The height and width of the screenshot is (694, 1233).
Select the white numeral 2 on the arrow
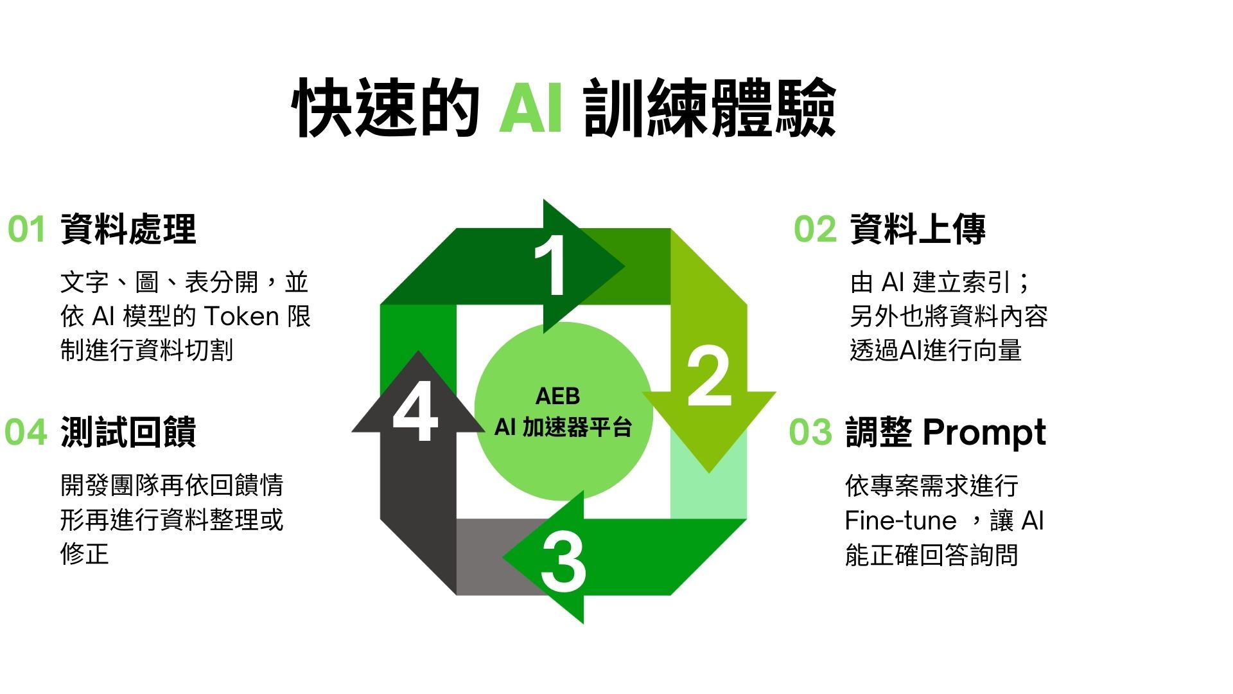pyautogui.click(x=710, y=376)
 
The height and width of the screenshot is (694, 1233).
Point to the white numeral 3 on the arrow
pyautogui.click(x=563, y=563)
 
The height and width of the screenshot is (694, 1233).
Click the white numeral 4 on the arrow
pyautogui.click(x=415, y=411)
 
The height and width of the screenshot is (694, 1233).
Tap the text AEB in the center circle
pyautogui.click(x=557, y=396)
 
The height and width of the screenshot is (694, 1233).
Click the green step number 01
pyautogui.click(x=26, y=229)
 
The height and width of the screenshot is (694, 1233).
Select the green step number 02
pyautogui.click(x=816, y=229)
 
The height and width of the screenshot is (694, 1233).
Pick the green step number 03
pyautogui.click(x=810, y=432)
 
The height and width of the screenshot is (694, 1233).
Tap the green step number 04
pyautogui.click(x=26, y=432)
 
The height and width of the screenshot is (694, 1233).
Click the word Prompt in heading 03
pyautogui.click(x=984, y=433)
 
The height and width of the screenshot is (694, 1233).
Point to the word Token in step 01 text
pyautogui.click(x=241, y=317)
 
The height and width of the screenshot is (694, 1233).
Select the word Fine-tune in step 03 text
pyautogui.click(x=901, y=520)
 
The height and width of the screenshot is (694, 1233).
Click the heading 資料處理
pyautogui.click(x=128, y=229)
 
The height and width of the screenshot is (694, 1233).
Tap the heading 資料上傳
pyautogui.click(x=918, y=229)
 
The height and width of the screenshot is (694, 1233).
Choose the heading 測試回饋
pyautogui.click(x=128, y=432)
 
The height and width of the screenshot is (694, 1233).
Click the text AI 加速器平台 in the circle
pyautogui.click(x=563, y=427)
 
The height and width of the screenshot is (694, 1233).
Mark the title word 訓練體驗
pyautogui.click(x=710, y=108)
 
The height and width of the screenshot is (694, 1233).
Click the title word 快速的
pyautogui.click(x=386, y=108)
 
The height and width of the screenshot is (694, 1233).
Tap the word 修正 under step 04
pyautogui.click(x=85, y=553)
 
